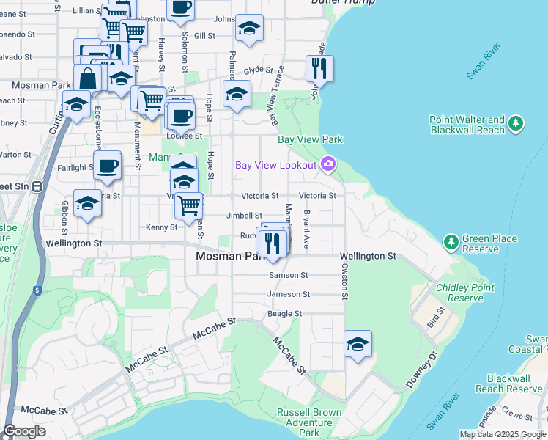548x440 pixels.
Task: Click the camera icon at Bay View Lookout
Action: (327, 165)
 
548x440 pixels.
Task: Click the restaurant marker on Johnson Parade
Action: (319, 69)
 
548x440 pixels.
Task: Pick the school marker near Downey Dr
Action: (358, 344)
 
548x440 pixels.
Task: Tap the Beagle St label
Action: (284, 314)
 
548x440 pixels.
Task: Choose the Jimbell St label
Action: (244, 216)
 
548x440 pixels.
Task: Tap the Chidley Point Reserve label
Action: (465, 293)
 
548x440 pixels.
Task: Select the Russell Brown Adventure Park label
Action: (308, 422)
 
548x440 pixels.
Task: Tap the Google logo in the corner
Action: (25, 432)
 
